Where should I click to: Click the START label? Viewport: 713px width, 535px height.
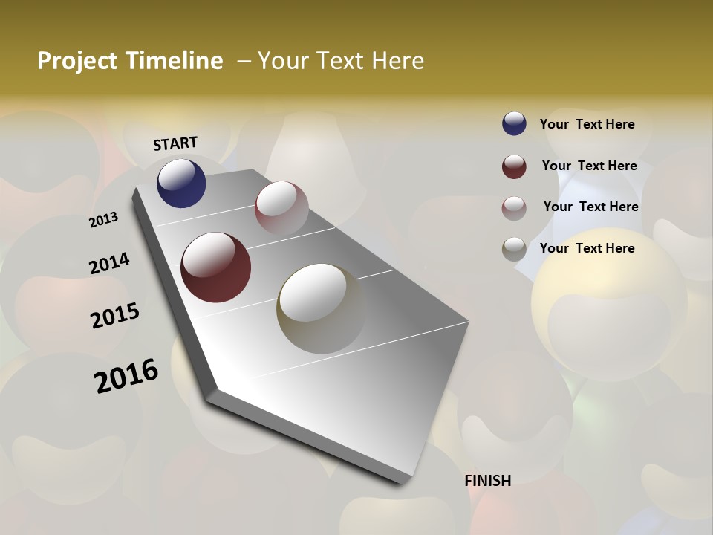(175, 143)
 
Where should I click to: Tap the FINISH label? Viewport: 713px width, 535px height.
(488, 481)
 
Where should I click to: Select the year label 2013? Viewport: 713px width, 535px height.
(103, 220)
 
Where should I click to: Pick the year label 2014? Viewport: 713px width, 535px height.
(109, 264)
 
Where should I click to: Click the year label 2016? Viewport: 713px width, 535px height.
(126, 376)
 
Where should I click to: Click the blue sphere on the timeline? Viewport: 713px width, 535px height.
(181, 183)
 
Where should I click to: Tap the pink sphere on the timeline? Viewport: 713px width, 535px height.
(281, 207)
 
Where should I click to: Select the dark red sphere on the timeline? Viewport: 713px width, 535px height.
(216, 267)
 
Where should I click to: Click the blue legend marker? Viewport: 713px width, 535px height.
(514, 124)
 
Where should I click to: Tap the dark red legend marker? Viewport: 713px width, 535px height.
(514, 166)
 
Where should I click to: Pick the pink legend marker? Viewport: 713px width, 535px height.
(514, 207)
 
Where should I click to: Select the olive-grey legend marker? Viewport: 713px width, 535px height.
(514, 249)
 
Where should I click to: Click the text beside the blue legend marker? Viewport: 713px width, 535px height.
(587, 124)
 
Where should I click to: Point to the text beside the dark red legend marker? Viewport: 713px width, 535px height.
(590, 166)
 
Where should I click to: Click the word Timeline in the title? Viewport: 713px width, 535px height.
(175, 61)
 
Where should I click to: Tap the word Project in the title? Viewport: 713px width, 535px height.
(78, 61)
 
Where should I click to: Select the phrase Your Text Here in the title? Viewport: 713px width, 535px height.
(341, 61)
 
